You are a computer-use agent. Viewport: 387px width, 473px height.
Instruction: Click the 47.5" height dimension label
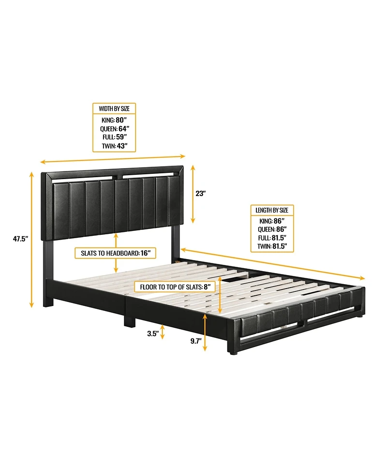(x=20, y=238)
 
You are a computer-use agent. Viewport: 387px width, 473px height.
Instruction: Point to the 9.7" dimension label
(x=195, y=341)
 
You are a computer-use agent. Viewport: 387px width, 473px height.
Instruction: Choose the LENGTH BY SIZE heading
(x=272, y=210)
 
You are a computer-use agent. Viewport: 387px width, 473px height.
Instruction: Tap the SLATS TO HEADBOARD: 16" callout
(x=116, y=253)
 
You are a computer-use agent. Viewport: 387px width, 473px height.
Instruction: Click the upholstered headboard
(x=114, y=206)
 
